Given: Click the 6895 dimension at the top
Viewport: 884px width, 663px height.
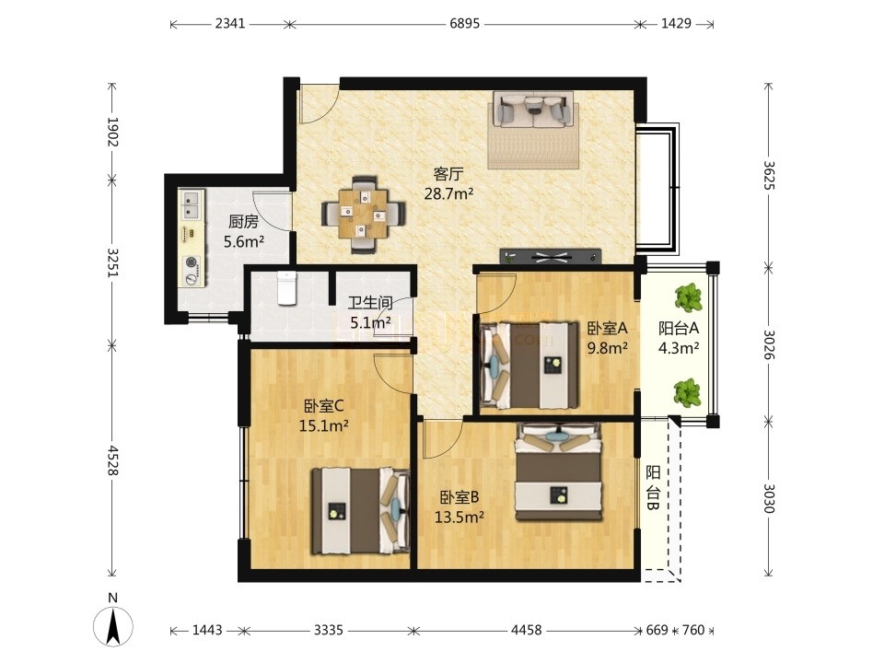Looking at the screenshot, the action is pyautogui.click(x=464, y=24).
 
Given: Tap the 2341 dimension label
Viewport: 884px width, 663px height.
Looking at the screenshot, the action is pyautogui.click(x=230, y=24).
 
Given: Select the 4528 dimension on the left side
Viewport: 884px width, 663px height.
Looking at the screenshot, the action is pyautogui.click(x=112, y=460).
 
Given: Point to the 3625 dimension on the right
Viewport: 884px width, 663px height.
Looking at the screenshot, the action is pyautogui.click(x=768, y=175).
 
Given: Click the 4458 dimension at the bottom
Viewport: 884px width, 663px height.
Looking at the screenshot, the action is pyautogui.click(x=526, y=630).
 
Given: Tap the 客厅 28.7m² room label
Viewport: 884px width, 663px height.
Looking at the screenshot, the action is pyautogui.click(x=448, y=184).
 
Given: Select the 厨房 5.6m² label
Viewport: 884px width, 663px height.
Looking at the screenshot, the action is pyautogui.click(x=244, y=232).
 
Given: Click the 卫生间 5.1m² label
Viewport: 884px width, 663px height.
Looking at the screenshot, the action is pyautogui.click(x=370, y=313).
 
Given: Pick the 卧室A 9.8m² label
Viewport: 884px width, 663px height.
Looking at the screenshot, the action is pyautogui.click(x=608, y=338).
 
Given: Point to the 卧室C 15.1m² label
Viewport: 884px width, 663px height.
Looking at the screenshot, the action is pyautogui.click(x=323, y=415).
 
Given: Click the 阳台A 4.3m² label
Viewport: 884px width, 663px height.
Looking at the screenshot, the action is pyautogui.click(x=679, y=338).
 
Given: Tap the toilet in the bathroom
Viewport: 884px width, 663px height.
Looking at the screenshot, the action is pyautogui.click(x=287, y=288).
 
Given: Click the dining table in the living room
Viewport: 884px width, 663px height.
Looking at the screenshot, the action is pyautogui.click(x=364, y=215).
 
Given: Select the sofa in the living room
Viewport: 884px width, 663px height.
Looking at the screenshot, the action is pyautogui.click(x=533, y=109).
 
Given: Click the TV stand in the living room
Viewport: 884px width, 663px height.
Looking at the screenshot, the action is pyautogui.click(x=551, y=257).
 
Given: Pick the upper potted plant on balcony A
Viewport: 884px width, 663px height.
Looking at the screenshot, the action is pyautogui.click(x=689, y=297).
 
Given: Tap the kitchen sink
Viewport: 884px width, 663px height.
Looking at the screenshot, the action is pyautogui.click(x=192, y=205).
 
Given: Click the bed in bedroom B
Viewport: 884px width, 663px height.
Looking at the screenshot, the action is pyautogui.click(x=559, y=472).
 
